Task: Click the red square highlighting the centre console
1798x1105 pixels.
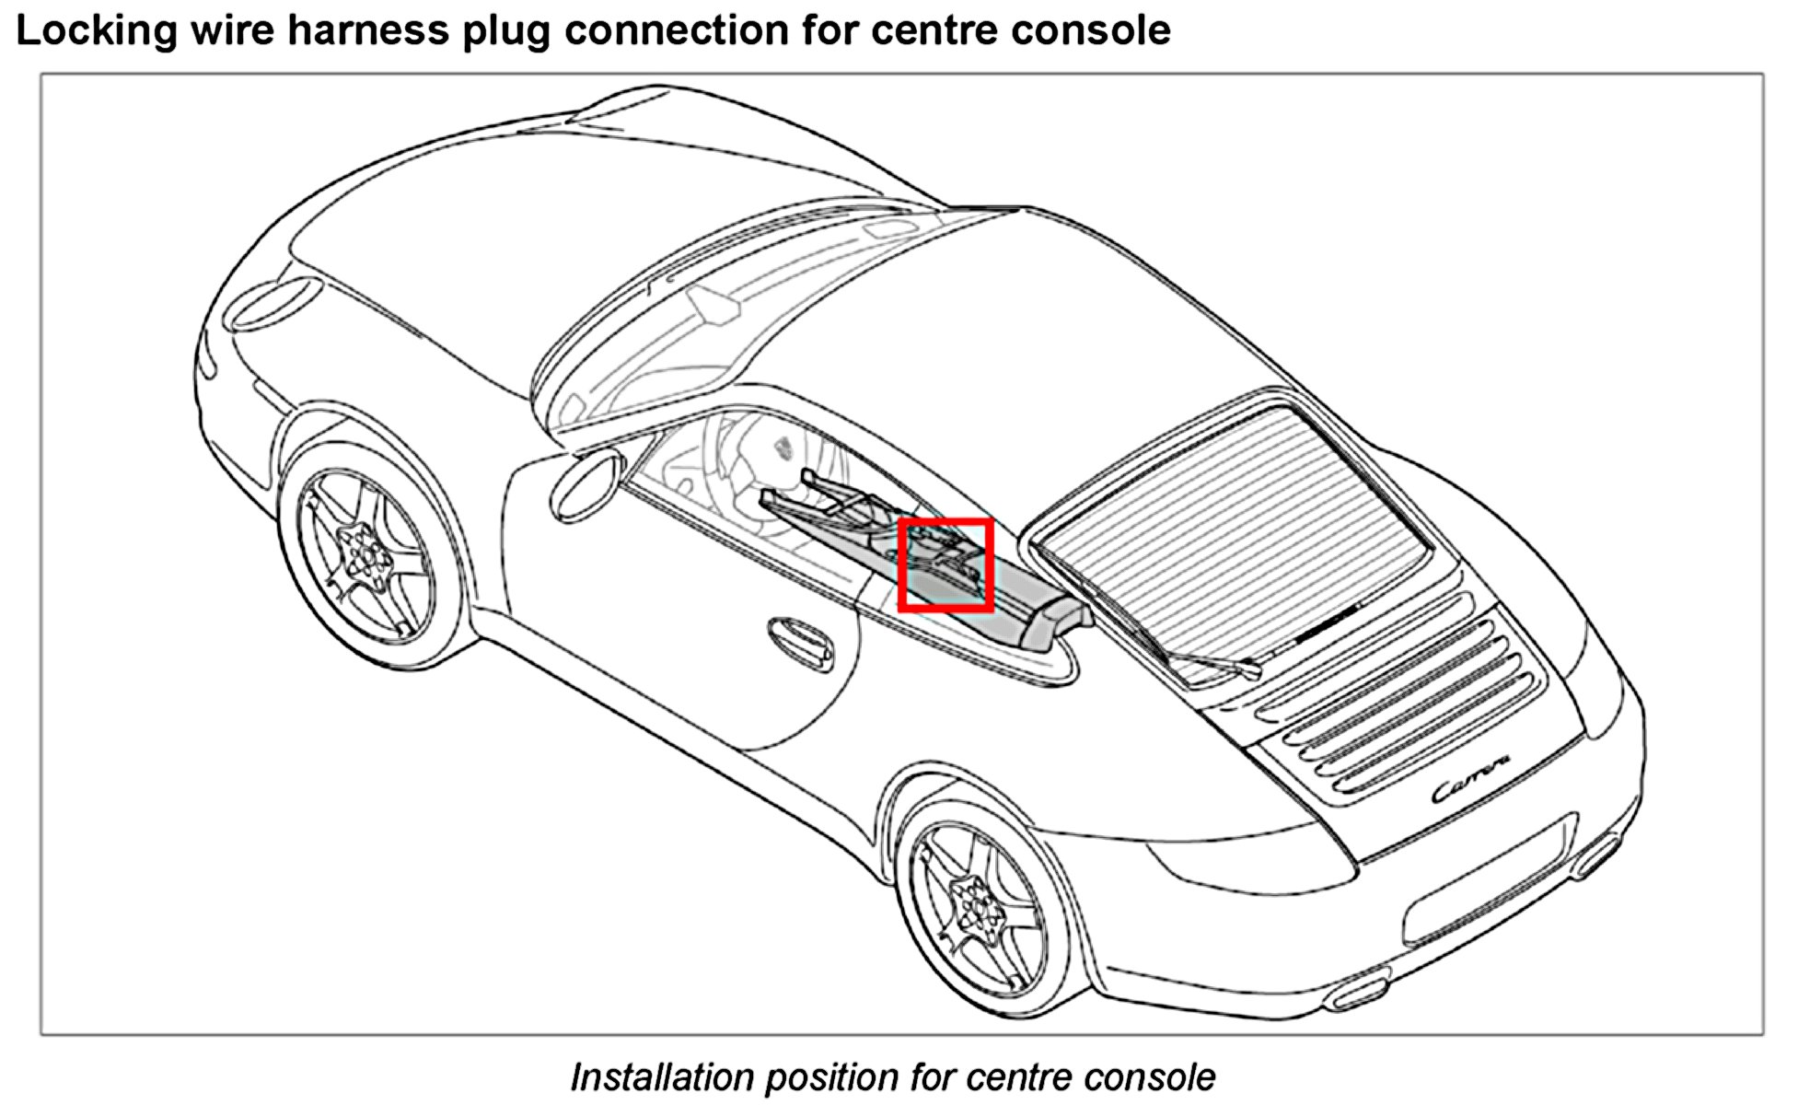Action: [945, 564]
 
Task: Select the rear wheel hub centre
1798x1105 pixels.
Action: [975, 905]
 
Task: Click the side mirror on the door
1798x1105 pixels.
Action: [584, 484]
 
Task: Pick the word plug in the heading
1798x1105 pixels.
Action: [505, 31]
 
